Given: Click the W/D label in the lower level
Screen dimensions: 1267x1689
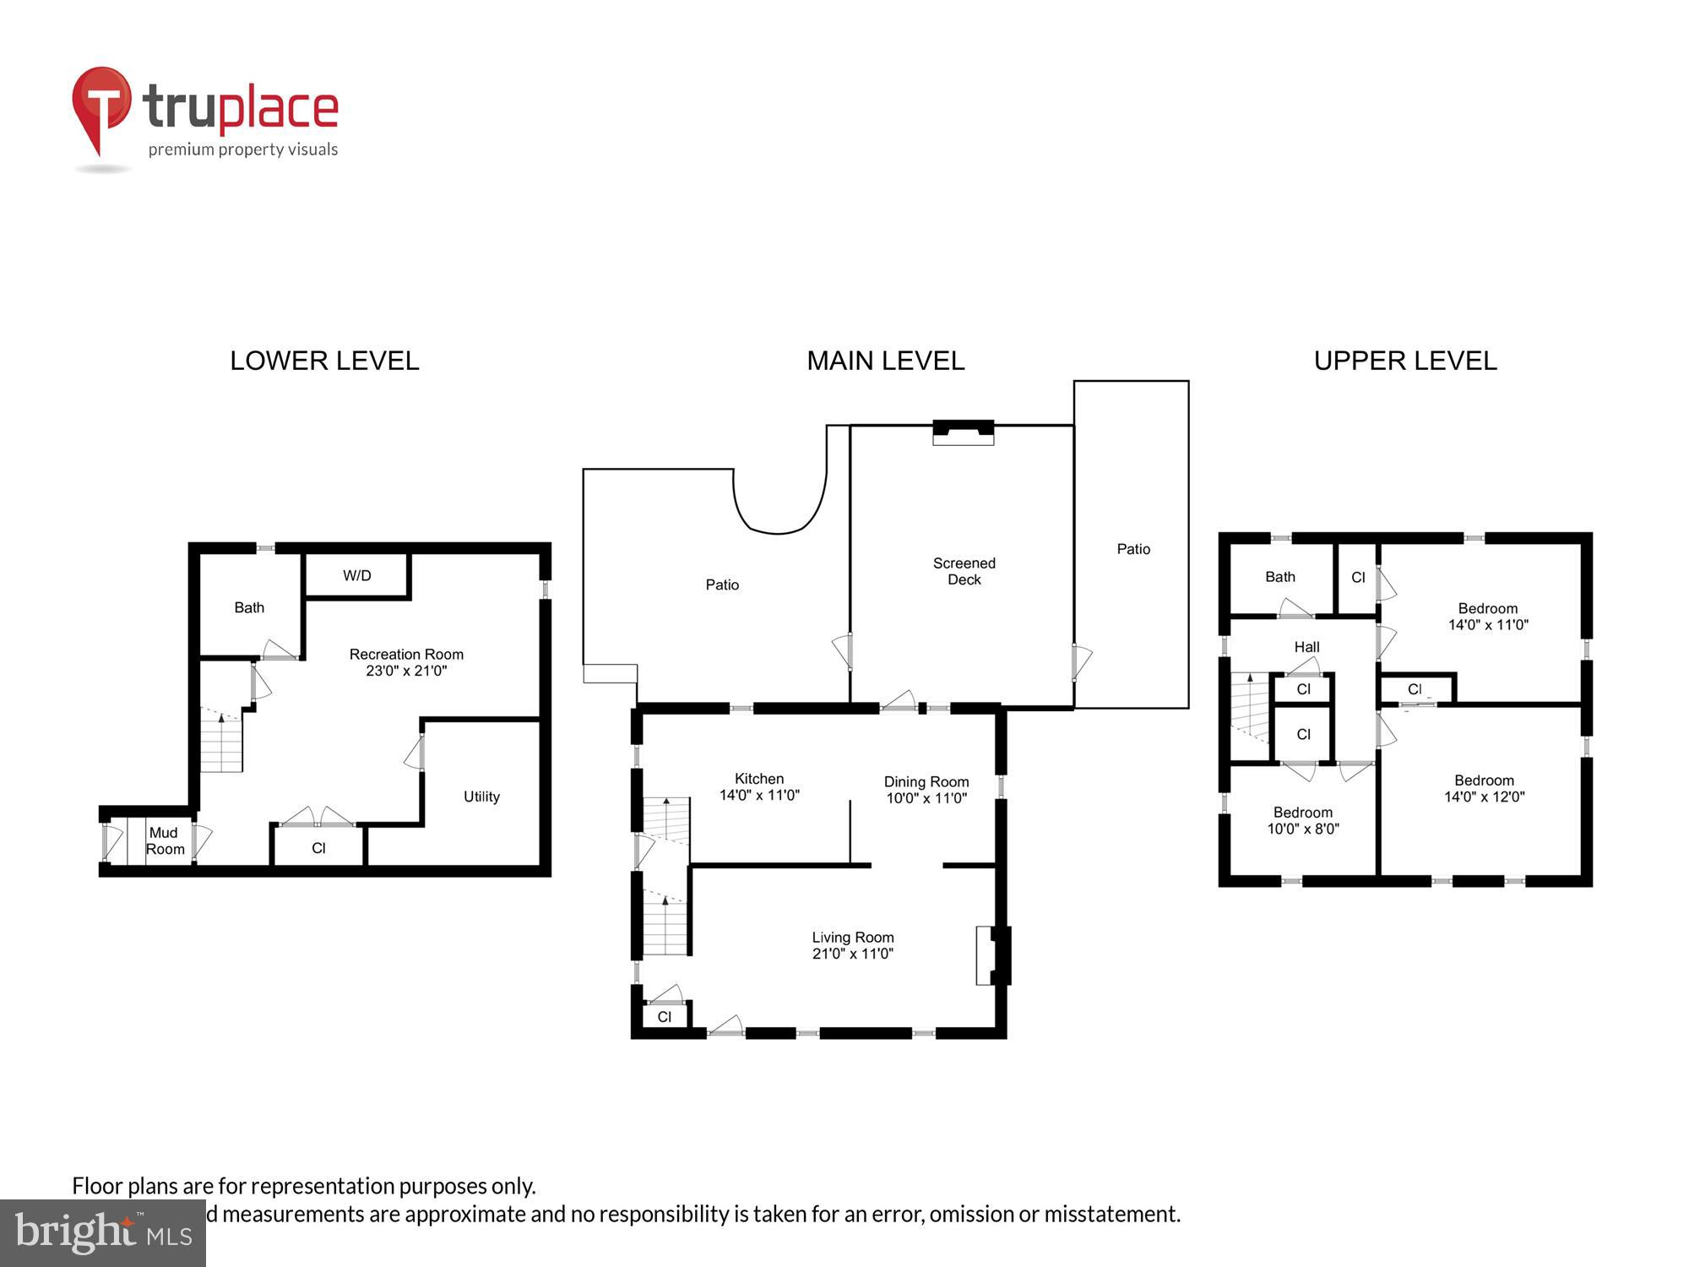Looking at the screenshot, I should click(356, 575).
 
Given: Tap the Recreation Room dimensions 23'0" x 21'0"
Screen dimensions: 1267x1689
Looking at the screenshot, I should click(406, 671).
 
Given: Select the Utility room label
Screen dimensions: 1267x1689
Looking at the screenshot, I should click(481, 797).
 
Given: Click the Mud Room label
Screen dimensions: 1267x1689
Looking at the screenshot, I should click(164, 840).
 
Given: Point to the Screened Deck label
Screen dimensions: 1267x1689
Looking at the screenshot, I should click(964, 571).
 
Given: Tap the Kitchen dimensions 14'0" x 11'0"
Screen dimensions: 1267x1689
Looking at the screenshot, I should click(758, 795).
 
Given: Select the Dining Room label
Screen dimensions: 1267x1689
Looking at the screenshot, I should click(926, 782).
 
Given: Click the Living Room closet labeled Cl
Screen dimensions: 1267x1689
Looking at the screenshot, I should click(665, 1016).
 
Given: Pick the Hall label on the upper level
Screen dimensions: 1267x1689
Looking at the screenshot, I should click(1306, 647).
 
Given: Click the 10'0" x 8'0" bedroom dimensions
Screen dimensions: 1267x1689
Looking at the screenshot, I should click(1302, 829).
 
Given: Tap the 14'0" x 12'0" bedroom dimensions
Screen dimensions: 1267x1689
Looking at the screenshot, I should click(1484, 797).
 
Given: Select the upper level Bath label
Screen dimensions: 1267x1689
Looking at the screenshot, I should click(1279, 577).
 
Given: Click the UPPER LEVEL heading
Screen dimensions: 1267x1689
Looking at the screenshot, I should click(1404, 361).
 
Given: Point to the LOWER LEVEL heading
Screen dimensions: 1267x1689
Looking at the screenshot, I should click(324, 361).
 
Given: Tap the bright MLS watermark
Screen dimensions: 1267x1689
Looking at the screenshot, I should click(103, 1233).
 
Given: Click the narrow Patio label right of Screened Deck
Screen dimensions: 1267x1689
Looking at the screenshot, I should click(1132, 549).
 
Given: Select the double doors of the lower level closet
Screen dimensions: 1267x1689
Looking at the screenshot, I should click(318, 818).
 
